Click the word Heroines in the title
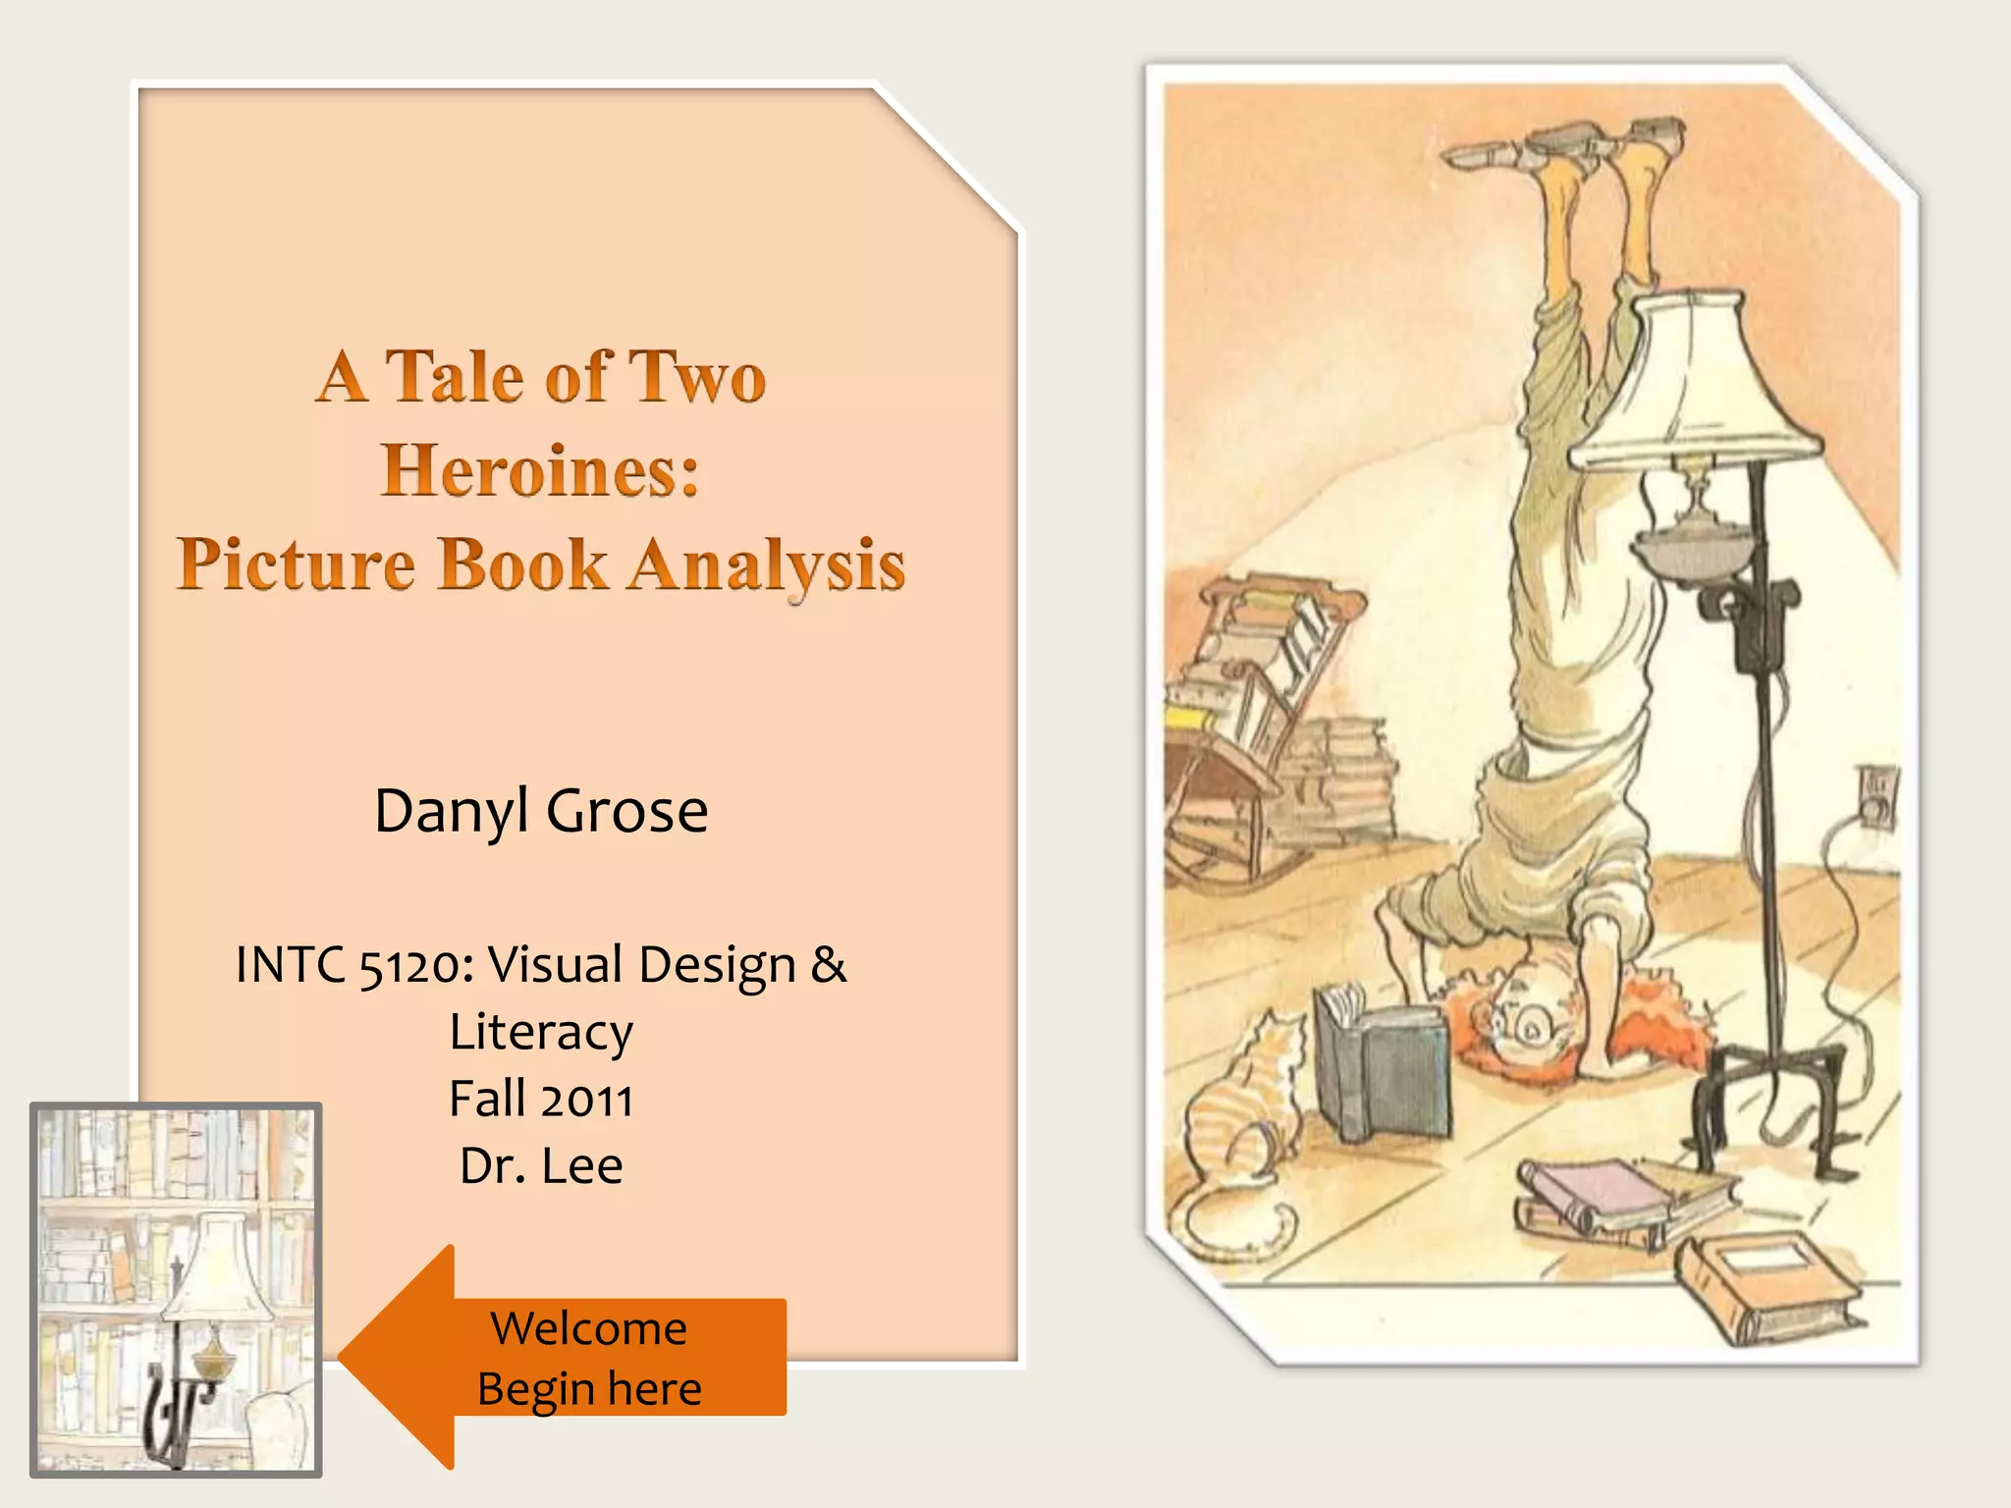(x=540, y=470)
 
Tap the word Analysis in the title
(x=767, y=565)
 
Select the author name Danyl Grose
(x=541, y=811)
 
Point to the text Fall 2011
(x=541, y=1100)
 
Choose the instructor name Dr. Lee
(x=541, y=1166)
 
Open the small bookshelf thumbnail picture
(x=177, y=1289)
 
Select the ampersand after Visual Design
(x=828, y=965)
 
